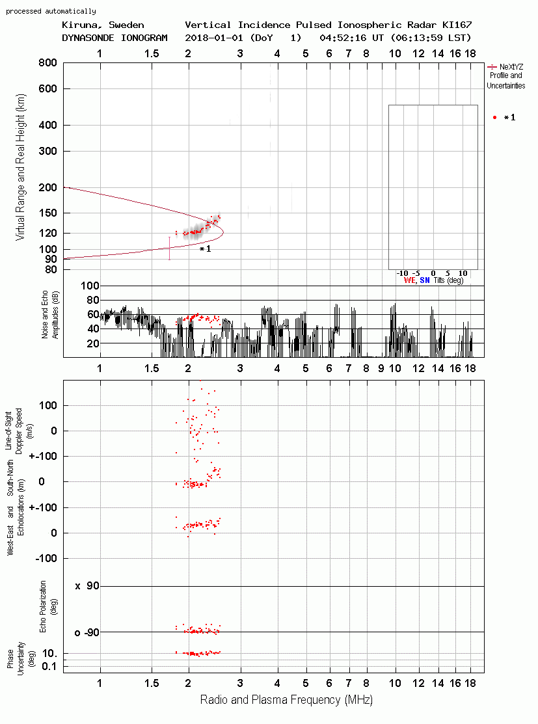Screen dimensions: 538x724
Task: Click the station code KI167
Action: [x=457, y=25]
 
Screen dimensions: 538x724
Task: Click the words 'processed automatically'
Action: [x=51, y=11]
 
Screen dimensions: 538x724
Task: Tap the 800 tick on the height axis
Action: [x=47, y=63]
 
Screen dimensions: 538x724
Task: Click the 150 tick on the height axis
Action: [x=47, y=213]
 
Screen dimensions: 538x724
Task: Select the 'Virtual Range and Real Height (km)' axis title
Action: [x=20, y=167]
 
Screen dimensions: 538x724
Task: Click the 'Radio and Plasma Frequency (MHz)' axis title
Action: [x=286, y=700]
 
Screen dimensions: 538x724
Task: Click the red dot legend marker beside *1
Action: [x=494, y=118]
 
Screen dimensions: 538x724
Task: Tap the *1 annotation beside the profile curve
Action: [x=206, y=249]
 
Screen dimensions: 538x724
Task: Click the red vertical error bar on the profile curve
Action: [x=170, y=248]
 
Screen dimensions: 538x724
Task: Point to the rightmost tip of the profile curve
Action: [x=224, y=232]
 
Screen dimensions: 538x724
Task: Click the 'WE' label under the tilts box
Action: [x=409, y=280]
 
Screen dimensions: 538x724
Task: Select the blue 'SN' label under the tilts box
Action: [x=424, y=280]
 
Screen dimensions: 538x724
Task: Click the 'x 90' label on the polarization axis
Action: [x=87, y=586]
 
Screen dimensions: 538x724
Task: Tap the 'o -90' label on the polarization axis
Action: [x=87, y=632]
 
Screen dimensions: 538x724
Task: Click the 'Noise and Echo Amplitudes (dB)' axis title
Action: [x=50, y=315]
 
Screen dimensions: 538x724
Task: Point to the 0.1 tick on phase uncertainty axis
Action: [x=49, y=666]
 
